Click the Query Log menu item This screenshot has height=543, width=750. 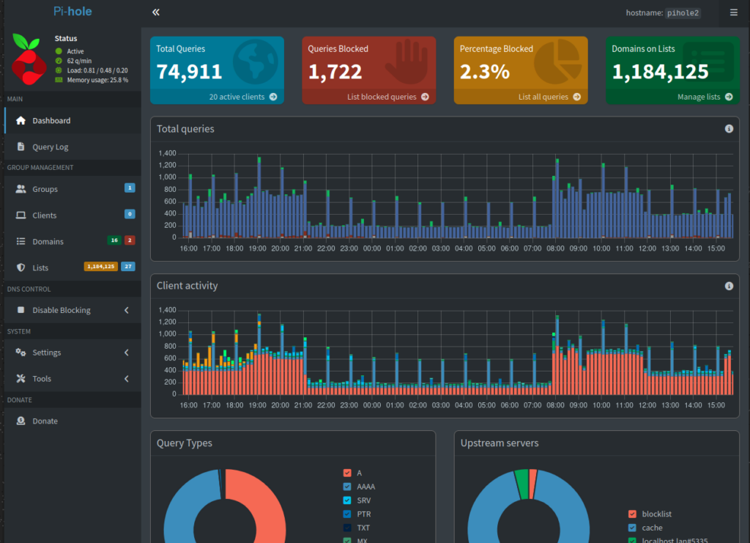(51, 147)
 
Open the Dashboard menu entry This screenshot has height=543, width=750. (51, 121)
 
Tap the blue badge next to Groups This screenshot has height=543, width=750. (130, 188)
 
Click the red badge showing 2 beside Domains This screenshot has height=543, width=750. (130, 240)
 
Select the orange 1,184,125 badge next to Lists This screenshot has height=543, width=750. (101, 267)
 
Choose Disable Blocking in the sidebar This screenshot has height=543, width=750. (62, 310)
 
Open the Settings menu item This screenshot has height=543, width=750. (46, 352)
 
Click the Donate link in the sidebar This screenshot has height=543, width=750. (45, 421)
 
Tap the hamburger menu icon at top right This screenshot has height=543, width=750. (734, 12)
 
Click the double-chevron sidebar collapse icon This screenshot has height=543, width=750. (156, 12)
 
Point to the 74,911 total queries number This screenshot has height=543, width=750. (190, 72)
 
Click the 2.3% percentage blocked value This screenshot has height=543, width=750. (485, 72)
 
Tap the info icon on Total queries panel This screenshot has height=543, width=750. (729, 129)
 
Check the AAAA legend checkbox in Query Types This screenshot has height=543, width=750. (347, 487)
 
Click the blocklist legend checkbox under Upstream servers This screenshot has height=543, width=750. (632, 514)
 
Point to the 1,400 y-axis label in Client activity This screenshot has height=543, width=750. (168, 310)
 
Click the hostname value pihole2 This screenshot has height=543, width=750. (683, 13)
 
